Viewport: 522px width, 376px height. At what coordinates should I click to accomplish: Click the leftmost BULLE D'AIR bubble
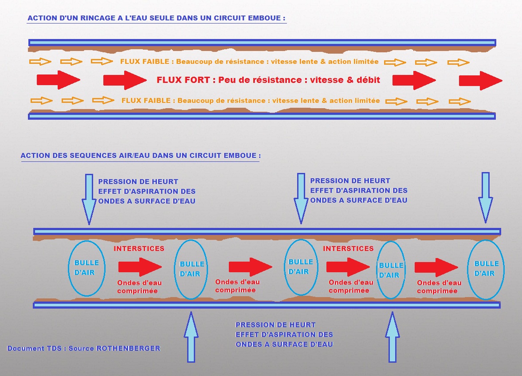pyautogui.click(x=86, y=268)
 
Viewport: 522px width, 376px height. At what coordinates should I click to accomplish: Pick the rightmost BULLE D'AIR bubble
pyautogui.click(x=486, y=269)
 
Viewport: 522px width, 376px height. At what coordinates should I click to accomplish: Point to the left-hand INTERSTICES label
pyautogui.click(x=139, y=249)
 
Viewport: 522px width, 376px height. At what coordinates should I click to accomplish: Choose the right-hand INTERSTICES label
pyautogui.click(x=348, y=249)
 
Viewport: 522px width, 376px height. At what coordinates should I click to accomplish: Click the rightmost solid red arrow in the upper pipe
pyautogui.click(x=480, y=81)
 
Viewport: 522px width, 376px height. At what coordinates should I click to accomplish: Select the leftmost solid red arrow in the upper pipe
pyautogui.click(x=58, y=80)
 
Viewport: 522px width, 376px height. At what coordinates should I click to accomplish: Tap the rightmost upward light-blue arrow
pyautogui.click(x=392, y=337)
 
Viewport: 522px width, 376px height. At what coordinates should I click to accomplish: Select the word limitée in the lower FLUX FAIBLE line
pyautogui.click(x=366, y=101)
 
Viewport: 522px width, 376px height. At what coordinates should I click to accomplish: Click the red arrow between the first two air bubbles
pyautogui.click(x=140, y=267)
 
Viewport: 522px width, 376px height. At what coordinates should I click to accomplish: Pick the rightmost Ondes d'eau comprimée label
pyautogui.click(x=439, y=287)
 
